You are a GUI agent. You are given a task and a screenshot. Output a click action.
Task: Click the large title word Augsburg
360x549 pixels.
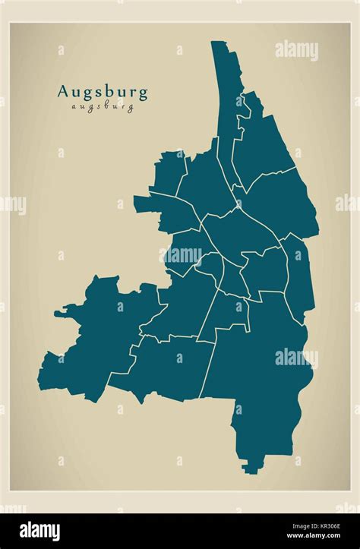103,93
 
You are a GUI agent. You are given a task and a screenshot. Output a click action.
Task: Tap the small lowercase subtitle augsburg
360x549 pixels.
103,107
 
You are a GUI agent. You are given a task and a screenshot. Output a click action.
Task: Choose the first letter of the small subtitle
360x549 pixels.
74,107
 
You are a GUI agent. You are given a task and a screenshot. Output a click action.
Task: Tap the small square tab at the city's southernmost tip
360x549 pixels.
250,468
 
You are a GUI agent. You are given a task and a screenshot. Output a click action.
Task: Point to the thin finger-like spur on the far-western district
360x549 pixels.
64,311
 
